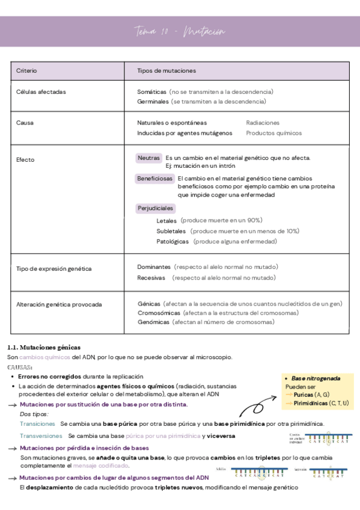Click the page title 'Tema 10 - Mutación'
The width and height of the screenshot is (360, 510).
(179, 31)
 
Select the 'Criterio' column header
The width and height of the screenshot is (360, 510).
(26, 71)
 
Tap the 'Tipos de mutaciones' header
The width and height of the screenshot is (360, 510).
(166, 71)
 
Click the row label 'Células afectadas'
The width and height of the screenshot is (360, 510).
(41, 92)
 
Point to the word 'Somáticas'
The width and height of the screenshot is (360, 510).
(151, 92)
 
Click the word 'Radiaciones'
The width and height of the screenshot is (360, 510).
(263, 123)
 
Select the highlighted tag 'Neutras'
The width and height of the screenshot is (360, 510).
(148, 158)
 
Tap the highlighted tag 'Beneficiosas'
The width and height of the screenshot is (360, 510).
(155, 179)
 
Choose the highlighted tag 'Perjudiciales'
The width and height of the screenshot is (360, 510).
(156, 208)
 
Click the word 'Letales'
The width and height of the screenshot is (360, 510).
(166, 221)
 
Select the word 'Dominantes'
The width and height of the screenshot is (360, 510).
(154, 266)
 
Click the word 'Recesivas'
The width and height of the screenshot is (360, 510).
(151, 278)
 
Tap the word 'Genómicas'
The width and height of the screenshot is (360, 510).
(153, 322)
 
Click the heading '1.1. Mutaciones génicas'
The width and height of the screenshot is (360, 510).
(43, 348)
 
